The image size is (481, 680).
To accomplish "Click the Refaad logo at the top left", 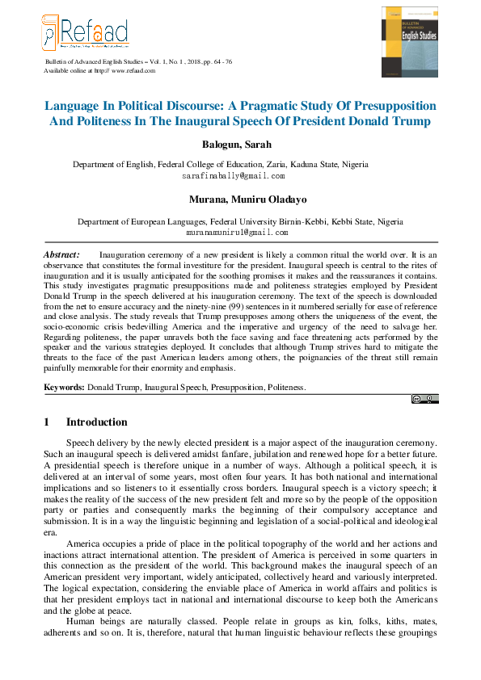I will [84, 33].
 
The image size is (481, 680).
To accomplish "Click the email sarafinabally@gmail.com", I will [233, 175].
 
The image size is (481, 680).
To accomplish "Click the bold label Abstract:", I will [61, 254].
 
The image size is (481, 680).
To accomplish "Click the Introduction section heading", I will [96, 422].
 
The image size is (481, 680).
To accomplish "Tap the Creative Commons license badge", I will [424, 398].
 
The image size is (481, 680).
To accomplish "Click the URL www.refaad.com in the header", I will [133, 71].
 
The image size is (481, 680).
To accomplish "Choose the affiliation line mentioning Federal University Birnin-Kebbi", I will [239, 221].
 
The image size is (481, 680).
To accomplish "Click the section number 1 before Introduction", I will [47, 422].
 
